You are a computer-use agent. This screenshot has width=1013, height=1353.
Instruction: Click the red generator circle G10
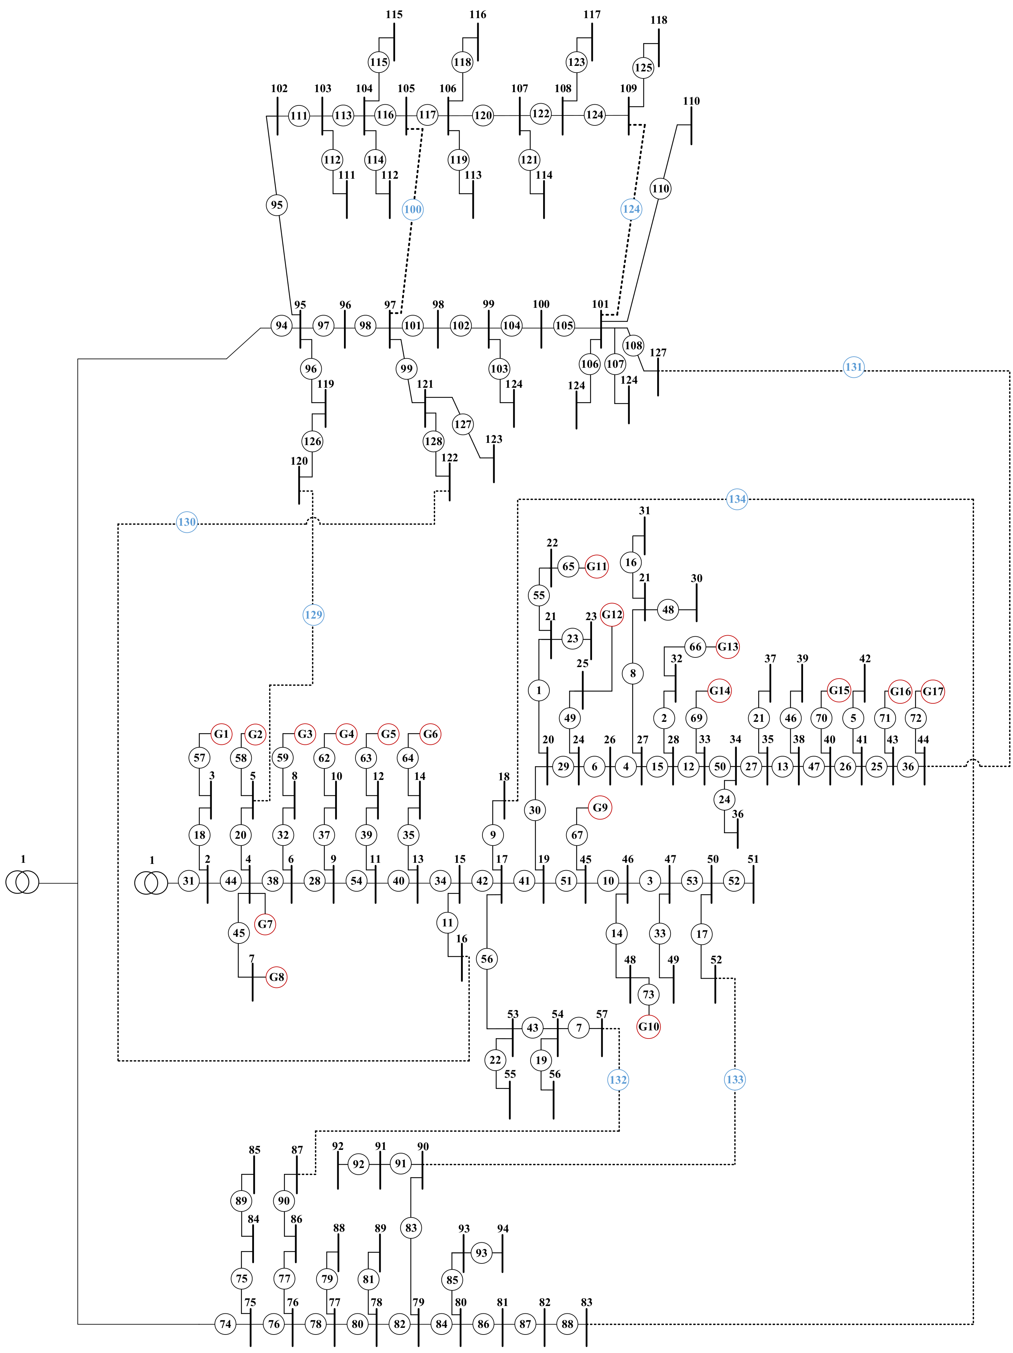648,1026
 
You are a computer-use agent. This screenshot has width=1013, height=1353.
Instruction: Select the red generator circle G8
277,977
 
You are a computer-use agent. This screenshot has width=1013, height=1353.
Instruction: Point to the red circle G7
265,923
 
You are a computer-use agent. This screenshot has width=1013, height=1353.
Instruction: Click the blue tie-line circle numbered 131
853,367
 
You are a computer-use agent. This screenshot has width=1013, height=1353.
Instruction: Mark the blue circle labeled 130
187,522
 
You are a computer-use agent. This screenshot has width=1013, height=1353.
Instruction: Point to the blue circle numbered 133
735,1080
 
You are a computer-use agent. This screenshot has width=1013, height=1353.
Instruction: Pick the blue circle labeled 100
412,209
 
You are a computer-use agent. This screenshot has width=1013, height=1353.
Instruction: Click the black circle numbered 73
648,994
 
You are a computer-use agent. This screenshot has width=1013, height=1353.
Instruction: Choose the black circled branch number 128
433,441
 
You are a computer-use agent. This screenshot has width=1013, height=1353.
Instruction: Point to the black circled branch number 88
567,1324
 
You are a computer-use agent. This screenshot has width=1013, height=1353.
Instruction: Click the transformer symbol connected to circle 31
151,883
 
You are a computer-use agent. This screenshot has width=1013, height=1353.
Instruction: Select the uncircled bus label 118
659,20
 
